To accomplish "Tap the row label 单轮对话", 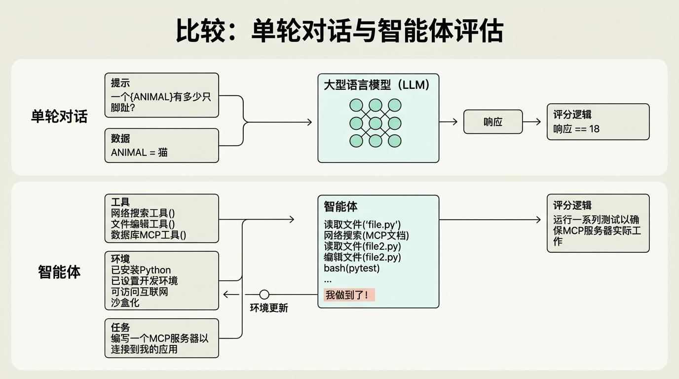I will tap(59, 116).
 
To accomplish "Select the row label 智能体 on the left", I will tap(59, 272).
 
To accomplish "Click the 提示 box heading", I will tap(121, 83).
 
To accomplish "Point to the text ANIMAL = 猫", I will tap(139, 152).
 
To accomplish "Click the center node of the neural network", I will tap(376, 123).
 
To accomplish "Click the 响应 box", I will tap(492, 122).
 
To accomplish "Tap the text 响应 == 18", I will tap(576, 129).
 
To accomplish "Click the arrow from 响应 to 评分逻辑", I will tap(532, 122).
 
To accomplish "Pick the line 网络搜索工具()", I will tap(143, 213).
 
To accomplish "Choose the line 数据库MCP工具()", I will tap(149, 235).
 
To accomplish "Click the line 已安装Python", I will tap(141, 270).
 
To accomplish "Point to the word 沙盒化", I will tap(125, 303).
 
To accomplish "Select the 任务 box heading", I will tap(121, 327).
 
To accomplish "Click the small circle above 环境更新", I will tap(264, 295).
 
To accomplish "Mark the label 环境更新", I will tap(269, 308).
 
